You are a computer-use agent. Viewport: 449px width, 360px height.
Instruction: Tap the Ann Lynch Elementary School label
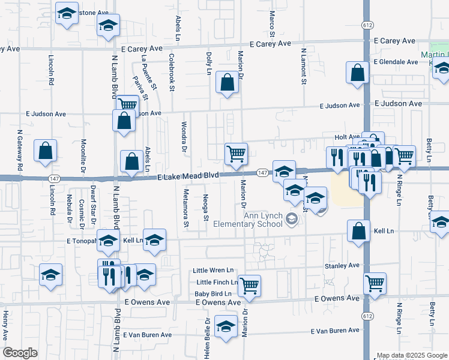262,220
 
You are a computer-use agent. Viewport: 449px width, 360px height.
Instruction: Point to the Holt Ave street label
347,137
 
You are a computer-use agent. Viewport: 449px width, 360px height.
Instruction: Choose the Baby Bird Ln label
212,293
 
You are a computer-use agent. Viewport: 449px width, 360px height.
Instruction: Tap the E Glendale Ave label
396,62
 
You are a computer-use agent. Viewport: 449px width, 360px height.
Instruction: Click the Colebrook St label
172,73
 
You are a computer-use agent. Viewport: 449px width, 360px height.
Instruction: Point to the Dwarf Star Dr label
93,205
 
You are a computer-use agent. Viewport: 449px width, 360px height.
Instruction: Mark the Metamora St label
186,210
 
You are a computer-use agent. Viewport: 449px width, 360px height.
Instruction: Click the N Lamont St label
304,66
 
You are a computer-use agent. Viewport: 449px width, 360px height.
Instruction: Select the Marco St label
272,23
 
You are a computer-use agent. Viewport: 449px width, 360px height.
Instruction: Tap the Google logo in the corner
20,353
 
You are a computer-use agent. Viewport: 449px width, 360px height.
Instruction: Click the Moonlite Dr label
83,155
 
